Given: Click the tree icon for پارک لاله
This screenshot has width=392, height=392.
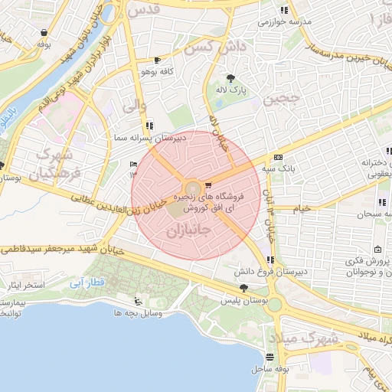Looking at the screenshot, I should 230,78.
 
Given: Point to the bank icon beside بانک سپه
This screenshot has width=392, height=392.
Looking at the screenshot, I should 276,157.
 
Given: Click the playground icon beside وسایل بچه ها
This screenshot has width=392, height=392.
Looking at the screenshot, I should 137,301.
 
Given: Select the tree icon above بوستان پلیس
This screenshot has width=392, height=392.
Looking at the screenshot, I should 243,287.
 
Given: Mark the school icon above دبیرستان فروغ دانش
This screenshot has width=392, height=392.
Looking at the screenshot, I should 269,259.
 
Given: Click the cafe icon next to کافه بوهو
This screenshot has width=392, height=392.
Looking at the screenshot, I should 158,60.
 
